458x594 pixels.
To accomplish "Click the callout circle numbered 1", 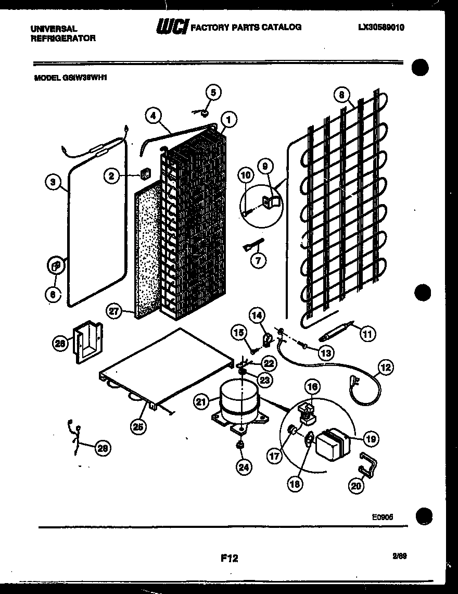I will coord(229,119).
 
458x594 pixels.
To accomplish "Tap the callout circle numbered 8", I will coord(341,95).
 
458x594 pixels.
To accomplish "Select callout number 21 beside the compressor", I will coord(201,401).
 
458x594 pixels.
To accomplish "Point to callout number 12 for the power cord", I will coord(386,368).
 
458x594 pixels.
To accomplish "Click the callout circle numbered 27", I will coord(114,311).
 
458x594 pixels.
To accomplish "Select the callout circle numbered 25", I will coord(138,426).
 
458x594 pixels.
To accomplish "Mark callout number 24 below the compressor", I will coord(242,466).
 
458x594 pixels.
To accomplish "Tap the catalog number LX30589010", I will coord(381,28).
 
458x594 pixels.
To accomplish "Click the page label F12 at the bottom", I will coord(229,558).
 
